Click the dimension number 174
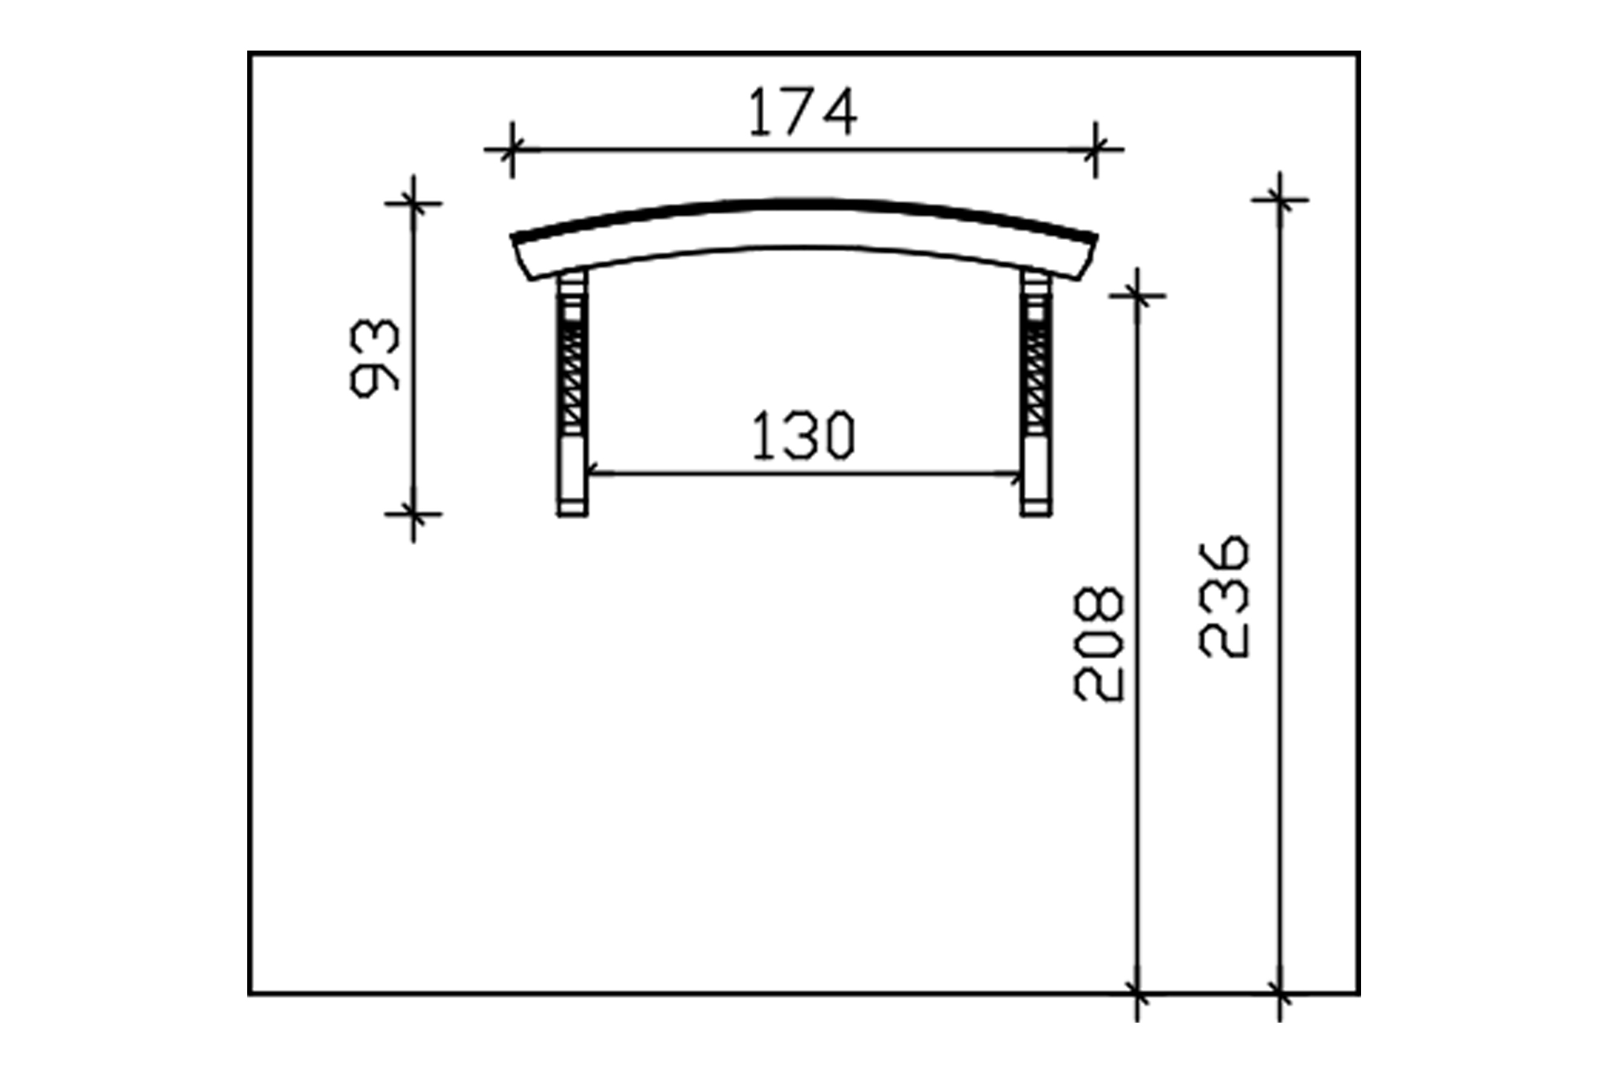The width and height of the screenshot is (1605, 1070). (802, 112)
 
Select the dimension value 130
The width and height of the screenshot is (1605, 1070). (803, 436)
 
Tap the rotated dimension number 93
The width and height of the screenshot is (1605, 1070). (375, 358)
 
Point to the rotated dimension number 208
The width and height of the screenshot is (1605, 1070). (1099, 645)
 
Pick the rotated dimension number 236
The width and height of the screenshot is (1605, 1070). (1224, 597)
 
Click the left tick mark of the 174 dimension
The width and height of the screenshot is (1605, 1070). (511, 149)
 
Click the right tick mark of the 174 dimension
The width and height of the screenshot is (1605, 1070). (1096, 149)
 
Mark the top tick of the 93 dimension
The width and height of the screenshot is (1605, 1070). (413, 203)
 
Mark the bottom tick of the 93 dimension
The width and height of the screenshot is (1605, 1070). (413, 514)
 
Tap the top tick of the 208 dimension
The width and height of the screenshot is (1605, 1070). (1137, 296)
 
